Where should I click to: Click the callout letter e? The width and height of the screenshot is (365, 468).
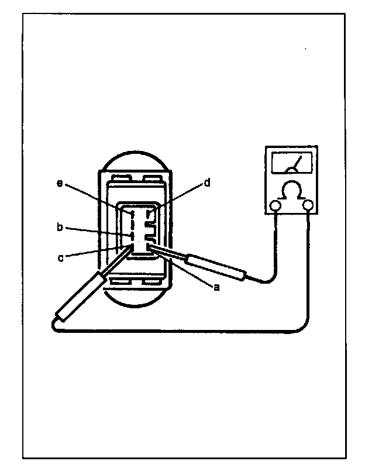60,184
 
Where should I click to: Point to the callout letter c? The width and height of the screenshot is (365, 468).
60,257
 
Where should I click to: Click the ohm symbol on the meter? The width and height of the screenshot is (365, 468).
291,191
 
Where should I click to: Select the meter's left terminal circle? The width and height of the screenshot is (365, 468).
274,205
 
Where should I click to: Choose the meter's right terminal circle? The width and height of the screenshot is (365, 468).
309,205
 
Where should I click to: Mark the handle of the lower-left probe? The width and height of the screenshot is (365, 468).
81,297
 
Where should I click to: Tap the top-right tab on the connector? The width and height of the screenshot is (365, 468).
153,177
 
